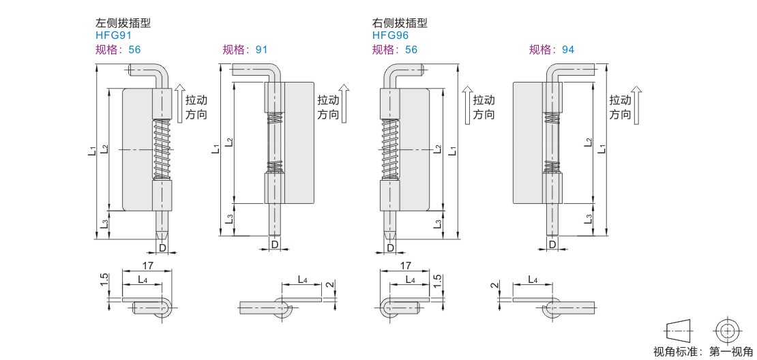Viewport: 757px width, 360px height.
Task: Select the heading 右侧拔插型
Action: coord(400,23)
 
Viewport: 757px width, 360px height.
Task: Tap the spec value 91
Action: coord(261,49)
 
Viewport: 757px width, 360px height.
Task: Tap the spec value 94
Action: coord(567,49)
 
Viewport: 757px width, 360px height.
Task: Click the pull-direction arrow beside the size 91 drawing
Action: coord(344,102)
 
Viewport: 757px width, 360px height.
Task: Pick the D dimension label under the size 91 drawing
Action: coord(275,244)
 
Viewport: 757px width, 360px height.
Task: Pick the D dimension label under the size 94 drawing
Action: coord(552,244)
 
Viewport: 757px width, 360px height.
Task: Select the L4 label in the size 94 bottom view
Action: coord(532,280)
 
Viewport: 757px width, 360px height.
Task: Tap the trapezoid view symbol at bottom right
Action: coord(679,331)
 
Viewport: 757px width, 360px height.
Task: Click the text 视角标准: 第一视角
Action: coord(702,352)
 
